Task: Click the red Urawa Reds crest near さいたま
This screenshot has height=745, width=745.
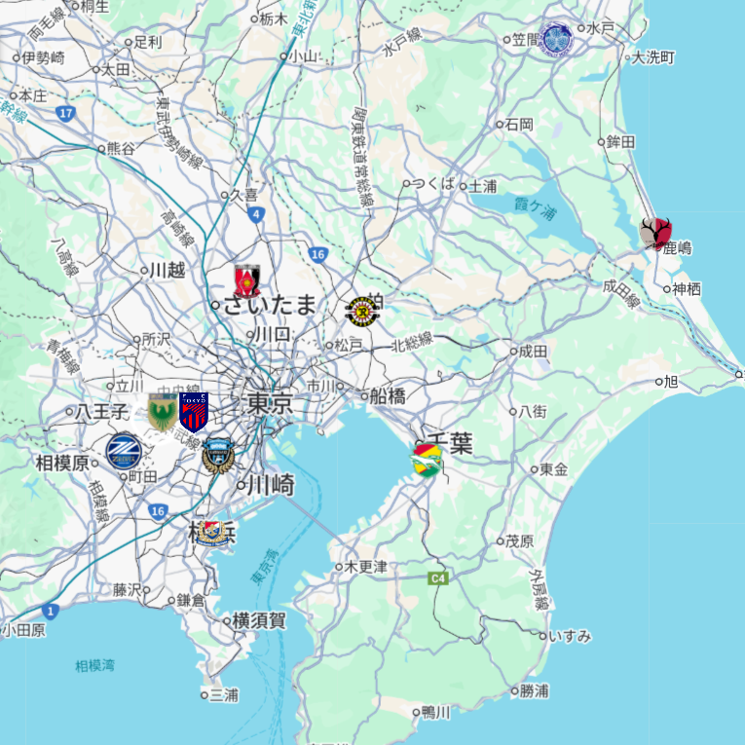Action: point(247,280)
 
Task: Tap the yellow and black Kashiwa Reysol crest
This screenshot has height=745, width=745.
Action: point(363,311)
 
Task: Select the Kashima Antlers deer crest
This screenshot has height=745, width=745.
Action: point(655,234)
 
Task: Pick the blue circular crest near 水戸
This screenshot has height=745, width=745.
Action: point(557,40)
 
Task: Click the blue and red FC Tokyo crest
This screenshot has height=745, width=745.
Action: point(194,412)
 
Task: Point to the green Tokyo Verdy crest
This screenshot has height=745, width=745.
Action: point(162,412)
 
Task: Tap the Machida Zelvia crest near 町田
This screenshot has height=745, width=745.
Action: point(124,452)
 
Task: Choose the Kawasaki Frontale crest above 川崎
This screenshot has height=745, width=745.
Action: point(218,455)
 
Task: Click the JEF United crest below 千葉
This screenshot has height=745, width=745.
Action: point(426,461)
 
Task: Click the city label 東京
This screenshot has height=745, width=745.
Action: point(270,403)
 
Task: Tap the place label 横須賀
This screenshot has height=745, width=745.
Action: point(259,620)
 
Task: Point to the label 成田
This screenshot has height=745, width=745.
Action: point(533,351)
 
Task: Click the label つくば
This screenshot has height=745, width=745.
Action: point(433,184)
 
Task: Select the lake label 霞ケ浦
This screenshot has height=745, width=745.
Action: point(535,205)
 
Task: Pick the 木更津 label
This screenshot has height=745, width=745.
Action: point(366,566)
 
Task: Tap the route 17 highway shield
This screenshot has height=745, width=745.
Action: point(65,114)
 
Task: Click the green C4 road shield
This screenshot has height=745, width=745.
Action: point(438,578)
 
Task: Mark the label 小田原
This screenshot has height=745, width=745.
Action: point(24,630)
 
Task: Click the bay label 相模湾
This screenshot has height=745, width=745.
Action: point(94,666)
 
